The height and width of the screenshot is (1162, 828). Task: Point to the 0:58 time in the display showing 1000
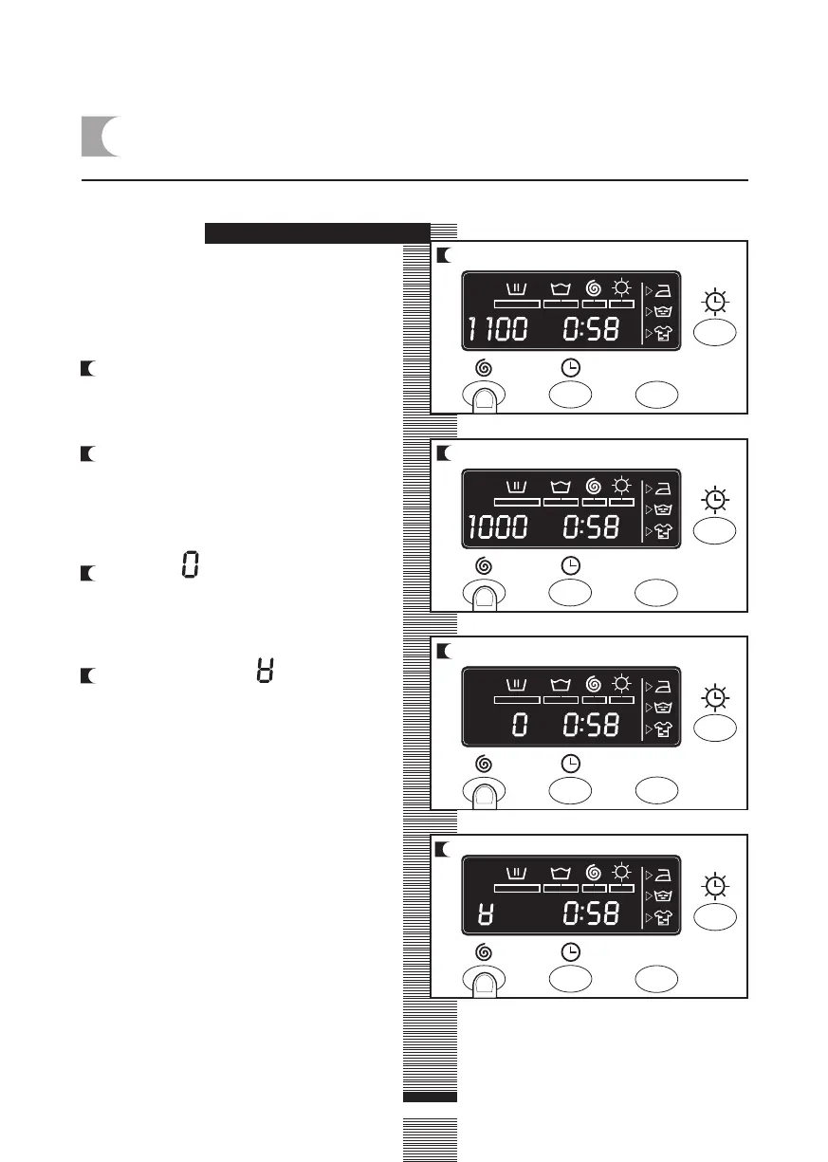590,527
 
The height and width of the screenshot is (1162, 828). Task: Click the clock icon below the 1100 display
571,368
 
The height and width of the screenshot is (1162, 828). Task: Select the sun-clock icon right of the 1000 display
716,499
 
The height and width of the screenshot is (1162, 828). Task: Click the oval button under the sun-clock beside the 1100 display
716,334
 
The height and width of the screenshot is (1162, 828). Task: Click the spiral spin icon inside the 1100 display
595,286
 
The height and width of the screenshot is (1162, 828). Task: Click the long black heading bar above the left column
318,233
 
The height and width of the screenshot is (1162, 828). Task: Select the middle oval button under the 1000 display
571,593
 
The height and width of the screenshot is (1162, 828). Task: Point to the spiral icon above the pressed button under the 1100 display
482,368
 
